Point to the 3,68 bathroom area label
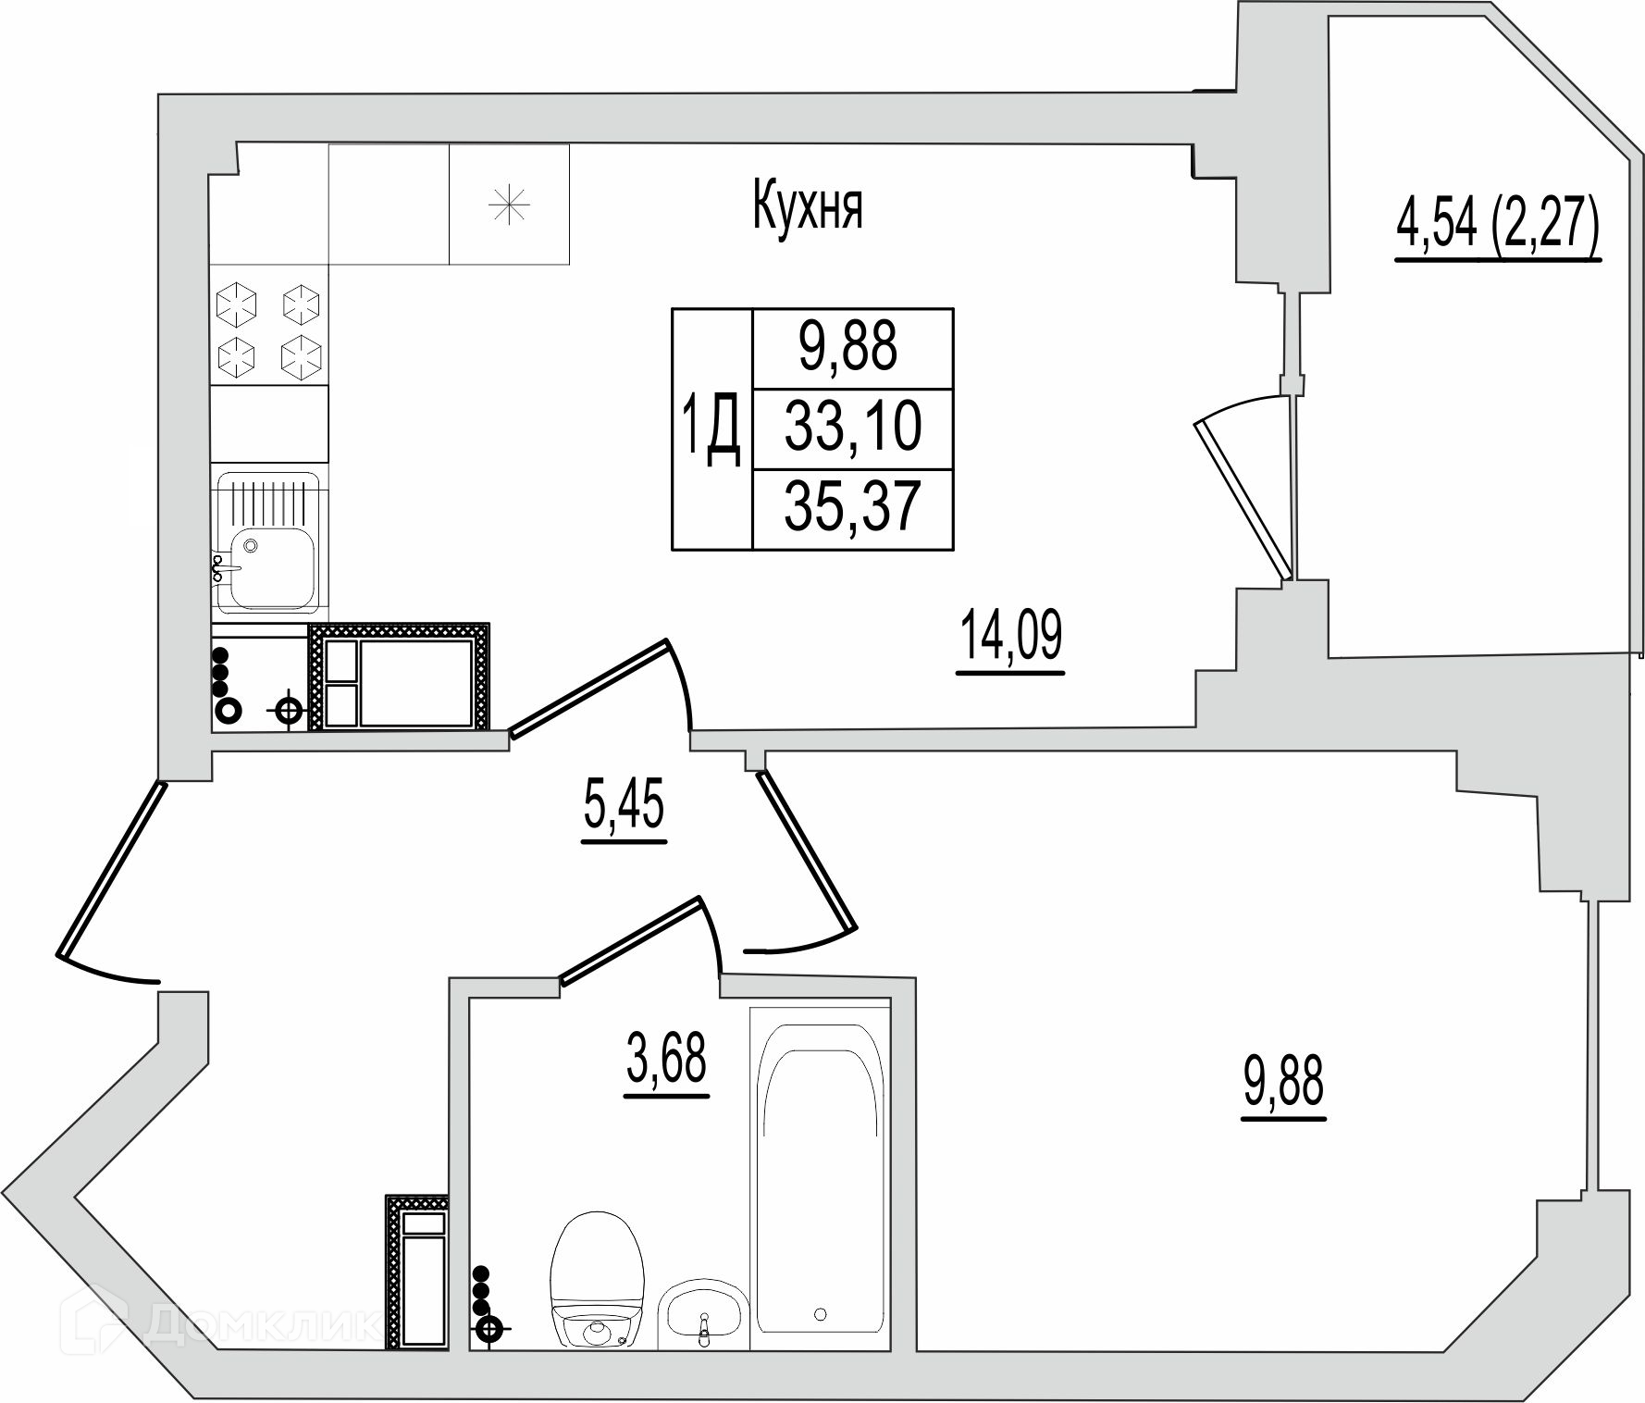[x=667, y=1062]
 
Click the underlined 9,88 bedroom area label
[x=1284, y=1083]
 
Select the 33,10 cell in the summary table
[x=853, y=428]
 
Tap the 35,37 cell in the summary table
[x=853, y=507]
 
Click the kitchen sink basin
[x=270, y=567]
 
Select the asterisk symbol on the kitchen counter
[x=509, y=205]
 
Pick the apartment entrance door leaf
[x=111, y=870]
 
